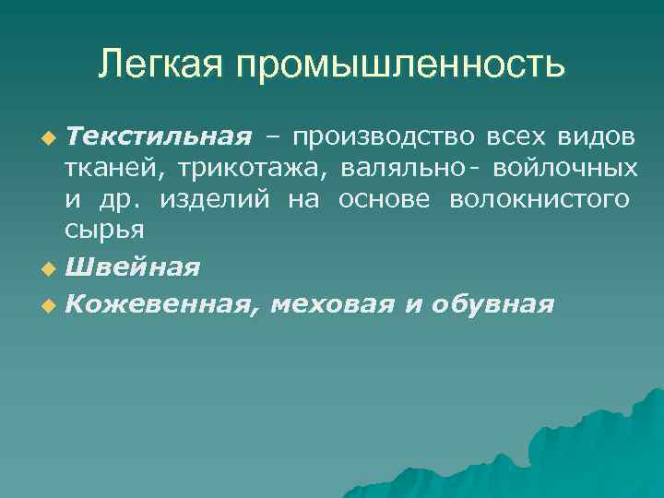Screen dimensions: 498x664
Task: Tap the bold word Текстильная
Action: point(159,137)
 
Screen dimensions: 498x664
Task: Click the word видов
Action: point(596,137)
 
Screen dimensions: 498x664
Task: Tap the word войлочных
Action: point(564,169)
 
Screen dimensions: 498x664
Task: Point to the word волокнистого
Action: point(540,200)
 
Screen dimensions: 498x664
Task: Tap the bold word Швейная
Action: point(133,267)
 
